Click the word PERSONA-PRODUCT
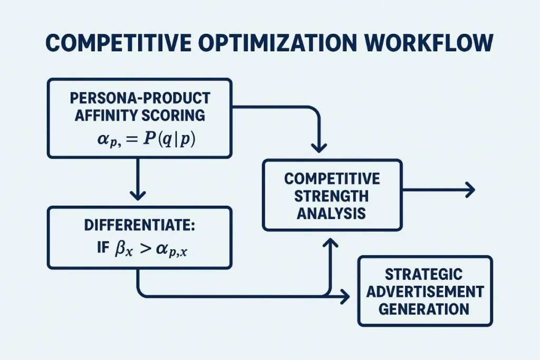tap(139, 99)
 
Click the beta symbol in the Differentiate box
tap(120, 247)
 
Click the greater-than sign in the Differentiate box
tap(146, 247)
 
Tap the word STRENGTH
tap(332, 196)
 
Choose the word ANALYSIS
tap(332, 213)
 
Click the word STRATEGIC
tap(424, 274)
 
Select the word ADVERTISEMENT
tap(424, 291)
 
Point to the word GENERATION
tap(424, 309)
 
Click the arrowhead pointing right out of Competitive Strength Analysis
tap(470, 190)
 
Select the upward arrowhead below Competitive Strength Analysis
tap(331, 244)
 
